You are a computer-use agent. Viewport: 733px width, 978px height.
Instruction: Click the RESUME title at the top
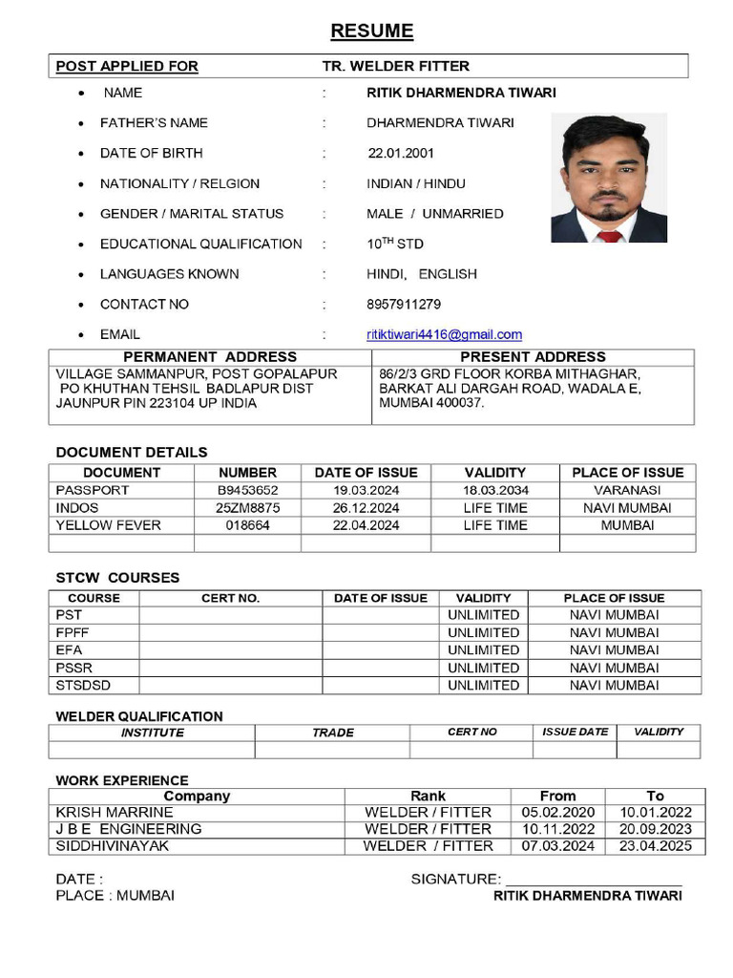click(371, 32)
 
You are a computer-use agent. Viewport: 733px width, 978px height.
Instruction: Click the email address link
click(444, 334)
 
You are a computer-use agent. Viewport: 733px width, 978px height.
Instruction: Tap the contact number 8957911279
click(404, 304)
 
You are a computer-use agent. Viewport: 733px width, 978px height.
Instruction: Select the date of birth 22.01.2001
click(401, 153)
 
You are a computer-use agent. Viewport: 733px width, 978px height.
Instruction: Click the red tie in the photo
click(608, 235)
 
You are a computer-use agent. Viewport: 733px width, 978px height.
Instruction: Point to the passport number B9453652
click(247, 490)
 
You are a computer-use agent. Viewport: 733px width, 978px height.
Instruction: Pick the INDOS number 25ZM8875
click(247, 508)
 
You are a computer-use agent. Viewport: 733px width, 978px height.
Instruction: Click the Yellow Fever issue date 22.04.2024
click(366, 525)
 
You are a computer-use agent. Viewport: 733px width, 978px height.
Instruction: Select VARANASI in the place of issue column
click(627, 490)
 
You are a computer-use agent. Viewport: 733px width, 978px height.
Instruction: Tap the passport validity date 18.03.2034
click(494, 490)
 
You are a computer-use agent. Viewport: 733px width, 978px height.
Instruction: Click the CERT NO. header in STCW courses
click(230, 598)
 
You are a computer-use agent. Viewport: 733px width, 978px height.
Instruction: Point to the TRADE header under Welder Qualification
click(332, 733)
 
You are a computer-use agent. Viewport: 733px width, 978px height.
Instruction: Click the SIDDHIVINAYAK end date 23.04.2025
click(655, 846)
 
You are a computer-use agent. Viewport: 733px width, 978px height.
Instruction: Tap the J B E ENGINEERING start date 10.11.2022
click(557, 829)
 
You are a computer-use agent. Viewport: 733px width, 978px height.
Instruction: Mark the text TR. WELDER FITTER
click(396, 66)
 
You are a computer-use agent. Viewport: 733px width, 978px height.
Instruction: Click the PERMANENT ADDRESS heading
click(210, 356)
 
